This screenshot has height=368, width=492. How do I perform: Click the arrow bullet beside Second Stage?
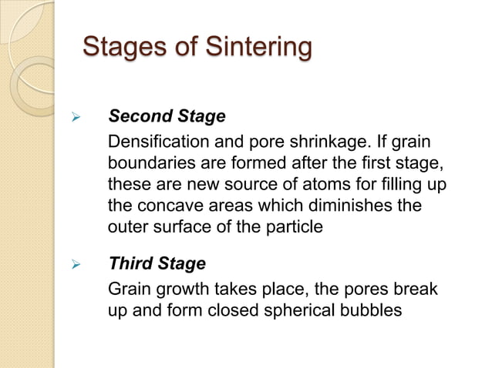click(76, 118)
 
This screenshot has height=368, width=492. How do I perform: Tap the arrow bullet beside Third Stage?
click(76, 265)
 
